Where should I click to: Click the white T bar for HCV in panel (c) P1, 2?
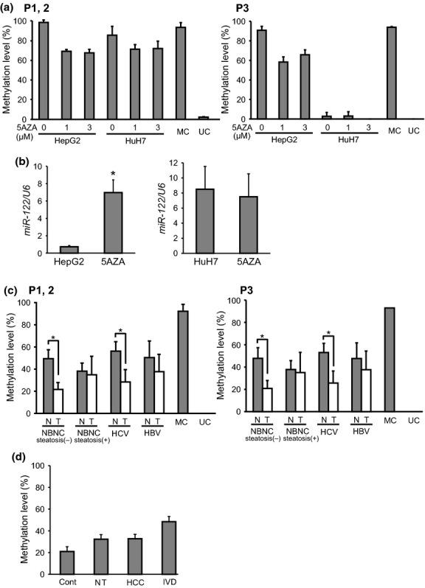click(125, 397)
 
